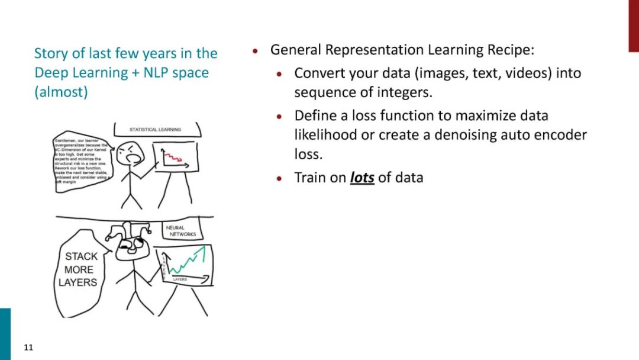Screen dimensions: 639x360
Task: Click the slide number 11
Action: tap(28, 348)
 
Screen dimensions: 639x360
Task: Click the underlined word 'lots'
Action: tap(362, 178)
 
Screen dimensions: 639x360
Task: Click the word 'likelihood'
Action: tap(325, 135)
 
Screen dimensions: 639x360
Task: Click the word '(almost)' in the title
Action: tap(61, 93)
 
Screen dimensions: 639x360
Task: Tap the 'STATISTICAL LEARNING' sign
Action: tap(155, 129)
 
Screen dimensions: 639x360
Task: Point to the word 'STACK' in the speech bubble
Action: tap(81, 257)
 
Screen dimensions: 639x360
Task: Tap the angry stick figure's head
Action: tap(130, 155)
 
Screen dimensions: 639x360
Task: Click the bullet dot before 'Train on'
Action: tap(280, 178)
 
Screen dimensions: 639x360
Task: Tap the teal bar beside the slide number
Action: tap(5, 334)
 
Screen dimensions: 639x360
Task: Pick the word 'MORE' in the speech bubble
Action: tap(79, 270)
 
